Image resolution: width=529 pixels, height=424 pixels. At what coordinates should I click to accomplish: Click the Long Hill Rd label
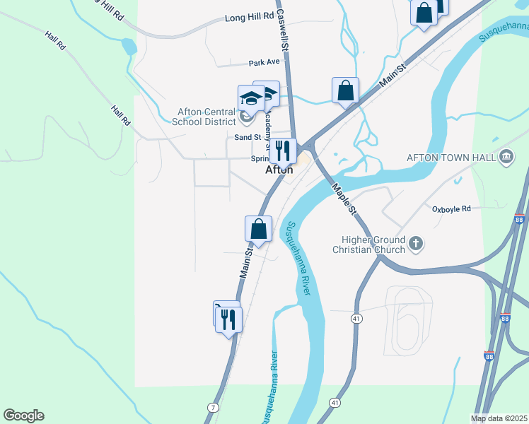point(249,18)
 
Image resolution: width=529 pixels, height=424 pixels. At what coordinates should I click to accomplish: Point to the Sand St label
point(248,137)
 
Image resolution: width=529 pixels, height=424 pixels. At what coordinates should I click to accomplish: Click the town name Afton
point(279,170)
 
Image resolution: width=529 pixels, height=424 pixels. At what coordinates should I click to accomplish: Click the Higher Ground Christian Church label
point(369,245)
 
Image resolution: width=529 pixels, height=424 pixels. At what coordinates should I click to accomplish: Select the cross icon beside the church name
point(416,245)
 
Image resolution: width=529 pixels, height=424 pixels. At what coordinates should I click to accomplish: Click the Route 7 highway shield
point(212,408)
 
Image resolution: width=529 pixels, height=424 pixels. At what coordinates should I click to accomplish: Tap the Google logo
point(23,416)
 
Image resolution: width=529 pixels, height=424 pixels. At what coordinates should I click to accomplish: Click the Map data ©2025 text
point(499,418)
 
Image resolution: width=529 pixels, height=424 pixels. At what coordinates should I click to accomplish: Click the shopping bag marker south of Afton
point(259,230)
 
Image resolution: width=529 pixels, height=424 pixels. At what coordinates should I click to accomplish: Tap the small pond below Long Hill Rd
point(128,47)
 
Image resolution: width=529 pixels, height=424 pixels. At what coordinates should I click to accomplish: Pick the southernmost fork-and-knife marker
point(228,319)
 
